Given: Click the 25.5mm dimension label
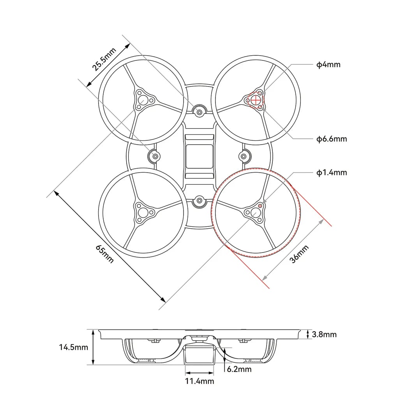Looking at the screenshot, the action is (x=104, y=59).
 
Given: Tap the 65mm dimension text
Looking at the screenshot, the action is (x=104, y=254).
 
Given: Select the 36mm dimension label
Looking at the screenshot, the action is (x=299, y=254).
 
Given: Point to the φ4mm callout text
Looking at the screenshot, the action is (x=328, y=65).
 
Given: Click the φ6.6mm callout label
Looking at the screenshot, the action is (x=332, y=139).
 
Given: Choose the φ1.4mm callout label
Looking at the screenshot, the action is (x=332, y=173).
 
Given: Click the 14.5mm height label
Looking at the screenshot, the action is (x=74, y=347).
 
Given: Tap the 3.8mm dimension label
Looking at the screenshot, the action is (x=324, y=334).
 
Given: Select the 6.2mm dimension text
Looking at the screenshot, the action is (x=239, y=369).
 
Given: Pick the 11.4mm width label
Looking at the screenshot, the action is (x=199, y=381).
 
